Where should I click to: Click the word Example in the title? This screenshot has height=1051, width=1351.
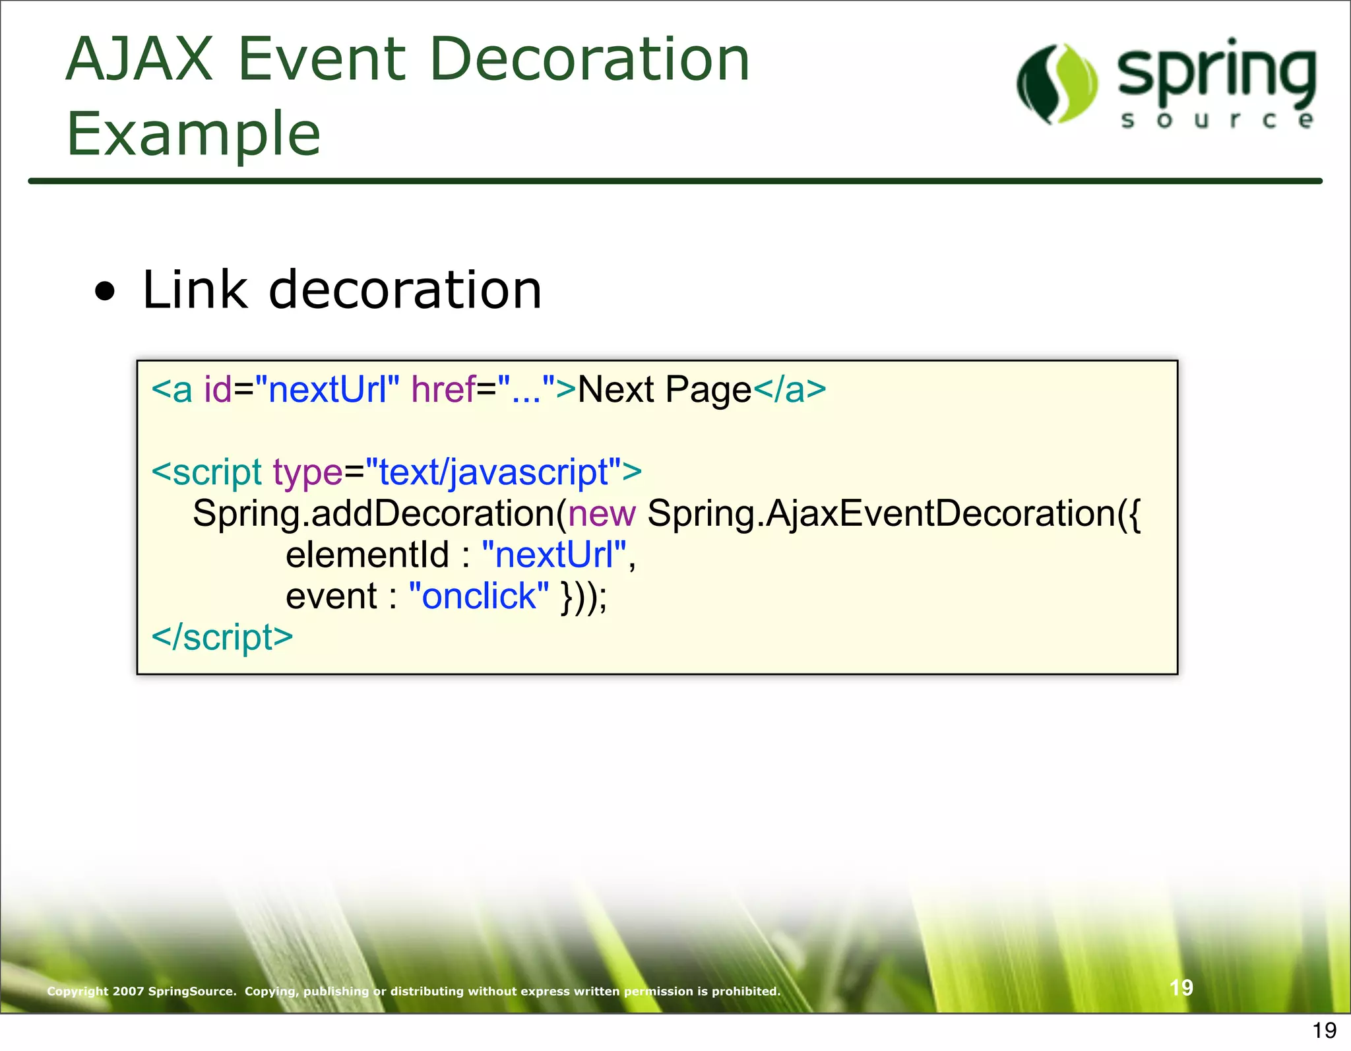pyautogui.click(x=193, y=135)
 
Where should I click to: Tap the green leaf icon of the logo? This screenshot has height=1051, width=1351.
pyautogui.click(x=1057, y=84)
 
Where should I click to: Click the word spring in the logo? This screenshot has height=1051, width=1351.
pyautogui.click(x=1216, y=74)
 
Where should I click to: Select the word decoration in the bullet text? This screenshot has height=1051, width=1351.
pyautogui.click(x=405, y=290)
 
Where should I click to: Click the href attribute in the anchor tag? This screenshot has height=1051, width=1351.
pyautogui.click(x=443, y=389)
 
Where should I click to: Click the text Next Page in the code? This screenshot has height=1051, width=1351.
pyautogui.click(x=664, y=389)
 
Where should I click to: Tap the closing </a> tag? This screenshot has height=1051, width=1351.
pyautogui.click(x=790, y=389)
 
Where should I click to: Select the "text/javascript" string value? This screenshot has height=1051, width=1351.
pyautogui.click(x=493, y=472)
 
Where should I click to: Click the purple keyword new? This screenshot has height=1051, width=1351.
pyautogui.click(x=602, y=513)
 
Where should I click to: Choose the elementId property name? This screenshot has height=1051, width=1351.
pyautogui.click(x=367, y=555)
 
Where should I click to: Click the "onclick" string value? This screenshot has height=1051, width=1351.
pyautogui.click(x=478, y=596)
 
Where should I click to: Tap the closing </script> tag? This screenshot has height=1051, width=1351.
pyautogui.click(x=222, y=637)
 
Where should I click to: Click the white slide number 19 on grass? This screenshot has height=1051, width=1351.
pyautogui.click(x=1181, y=988)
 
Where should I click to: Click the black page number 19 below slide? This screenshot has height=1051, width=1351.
pyautogui.click(x=1324, y=1030)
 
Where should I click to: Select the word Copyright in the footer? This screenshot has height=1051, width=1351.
pyautogui.click(x=77, y=991)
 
